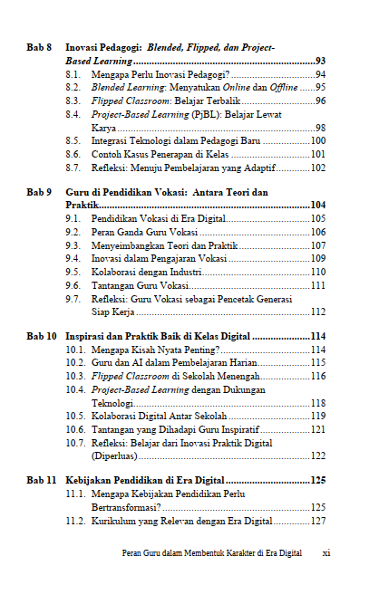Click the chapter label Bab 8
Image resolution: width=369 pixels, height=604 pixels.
coord(39,46)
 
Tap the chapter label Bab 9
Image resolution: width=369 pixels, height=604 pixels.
coord(39,193)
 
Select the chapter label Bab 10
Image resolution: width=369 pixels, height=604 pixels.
coord(42,336)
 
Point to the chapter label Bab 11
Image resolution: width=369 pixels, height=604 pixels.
coord(42,480)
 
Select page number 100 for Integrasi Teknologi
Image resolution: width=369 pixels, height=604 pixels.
coord(317,141)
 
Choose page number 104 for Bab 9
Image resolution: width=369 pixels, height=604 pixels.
coord(317,206)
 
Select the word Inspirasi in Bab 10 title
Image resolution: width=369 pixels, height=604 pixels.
coord(89,336)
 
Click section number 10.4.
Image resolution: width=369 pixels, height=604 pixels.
coord(77,389)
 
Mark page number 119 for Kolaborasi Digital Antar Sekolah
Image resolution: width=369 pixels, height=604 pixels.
coord(317,416)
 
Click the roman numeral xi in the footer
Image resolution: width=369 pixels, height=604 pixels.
coord(326,552)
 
